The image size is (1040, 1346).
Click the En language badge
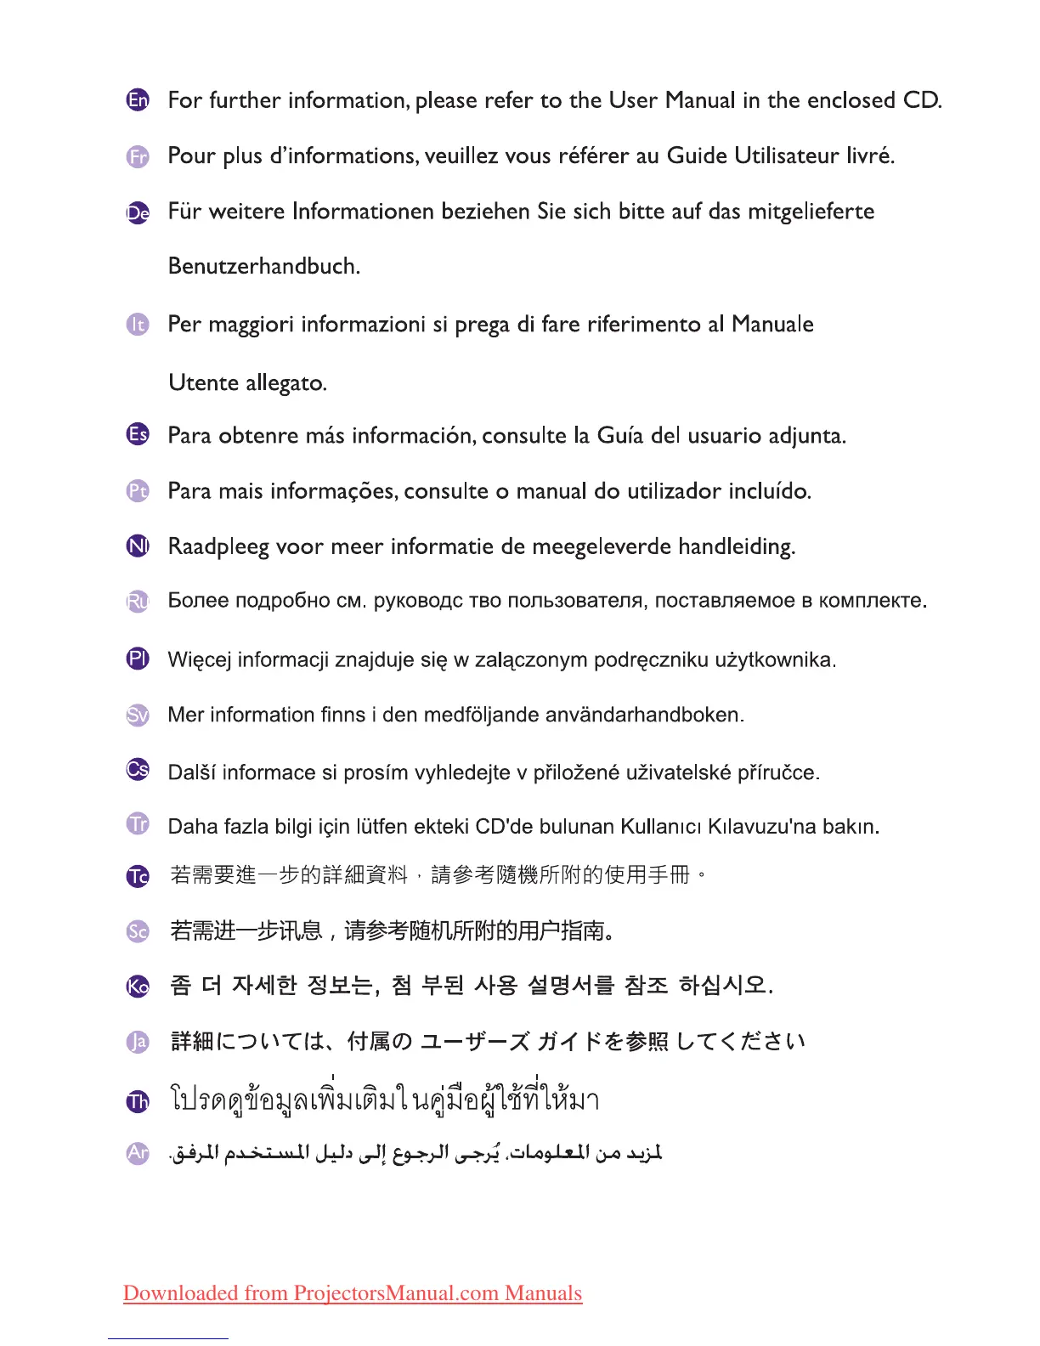point(138,100)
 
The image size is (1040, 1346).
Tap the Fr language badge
point(138,156)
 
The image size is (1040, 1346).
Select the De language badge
point(138,212)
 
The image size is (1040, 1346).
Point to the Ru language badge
point(138,602)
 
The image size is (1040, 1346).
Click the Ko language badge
point(138,986)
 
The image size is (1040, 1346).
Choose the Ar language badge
point(138,1153)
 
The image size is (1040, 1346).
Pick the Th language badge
point(138,1102)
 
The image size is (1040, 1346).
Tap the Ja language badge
point(138,1042)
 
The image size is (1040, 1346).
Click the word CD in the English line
point(921,100)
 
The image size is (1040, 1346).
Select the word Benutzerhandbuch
point(263,266)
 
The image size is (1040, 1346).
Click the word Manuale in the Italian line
point(772,324)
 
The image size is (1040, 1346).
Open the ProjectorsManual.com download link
point(353,1293)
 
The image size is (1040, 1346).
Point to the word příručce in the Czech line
point(777,772)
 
